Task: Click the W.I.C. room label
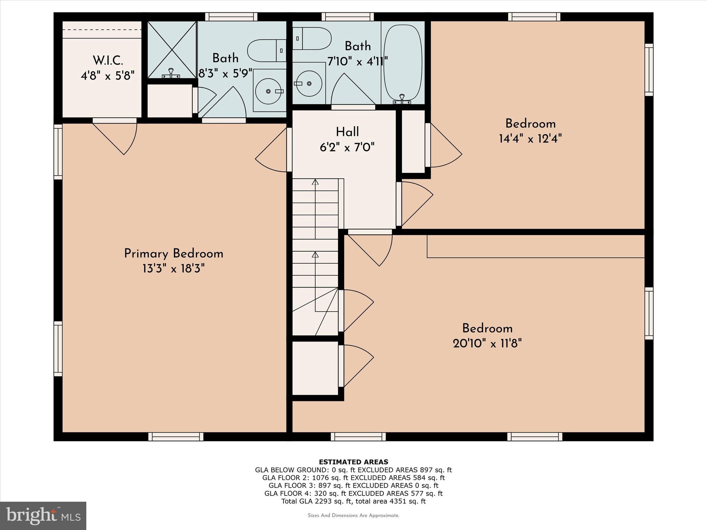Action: pyautogui.click(x=108, y=61)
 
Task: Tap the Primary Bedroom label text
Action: pyautogui.click(x=174, y=254)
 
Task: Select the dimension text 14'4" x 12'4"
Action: pyautogui.click(x=530, y=139)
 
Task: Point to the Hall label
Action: pyautogui.click(x=347, y=132)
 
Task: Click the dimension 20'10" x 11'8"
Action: pyautogui.click(x=487, y=343)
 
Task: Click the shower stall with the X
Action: pyautogui.click(x=172, y=50)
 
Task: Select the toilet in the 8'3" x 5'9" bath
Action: pyautogui.click(x=266, y=50)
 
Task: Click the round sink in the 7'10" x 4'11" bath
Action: pyautogui.click(x=309, y=83)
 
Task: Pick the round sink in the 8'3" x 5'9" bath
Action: pyautogui.click(x=269, y=91)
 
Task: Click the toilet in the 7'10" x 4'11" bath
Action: pyautogui.click(x=312, y=38)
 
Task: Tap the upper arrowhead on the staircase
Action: pyautogui.click(x=315, y=182)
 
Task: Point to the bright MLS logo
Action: pyautogui.click(x=43, y=516)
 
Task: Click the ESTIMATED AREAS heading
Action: pyautogui.click(x=353, y=462)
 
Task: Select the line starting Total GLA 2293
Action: pyautogui.click(x=353, y=501)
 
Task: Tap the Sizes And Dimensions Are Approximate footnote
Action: pyautogui.click(x=353, y=516)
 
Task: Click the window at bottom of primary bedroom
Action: pyautogui.click(x=176, y=436)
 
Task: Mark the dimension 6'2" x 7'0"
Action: pyautogui.click(x=347, y=147)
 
